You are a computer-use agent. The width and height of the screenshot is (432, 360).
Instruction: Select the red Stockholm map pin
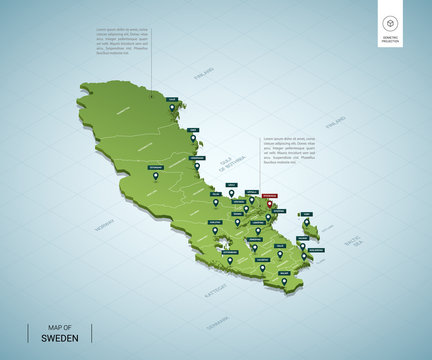click(x=268, y=205)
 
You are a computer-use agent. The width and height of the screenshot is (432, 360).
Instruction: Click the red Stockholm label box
click(x=268, y=196)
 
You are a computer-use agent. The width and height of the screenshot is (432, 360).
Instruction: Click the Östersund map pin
click(x=154, y=176)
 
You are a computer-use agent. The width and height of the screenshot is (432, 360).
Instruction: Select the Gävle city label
click(x=231, y=185)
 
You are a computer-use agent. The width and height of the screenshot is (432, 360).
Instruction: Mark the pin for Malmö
click(x=284, y=282)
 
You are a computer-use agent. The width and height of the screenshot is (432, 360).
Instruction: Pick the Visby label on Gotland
click(x=307, y=213)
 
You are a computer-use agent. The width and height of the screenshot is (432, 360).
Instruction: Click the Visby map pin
click(x=307, y=222)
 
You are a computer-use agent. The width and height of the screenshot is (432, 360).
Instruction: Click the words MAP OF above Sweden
click(x=61, y=326)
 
